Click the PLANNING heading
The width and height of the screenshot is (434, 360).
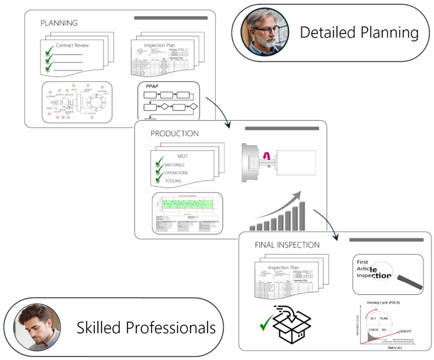point(59,23)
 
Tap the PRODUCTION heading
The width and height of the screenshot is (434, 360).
point(174,134)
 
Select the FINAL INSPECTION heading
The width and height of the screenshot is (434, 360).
point(287,245)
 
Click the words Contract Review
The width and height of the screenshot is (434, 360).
point(72,45)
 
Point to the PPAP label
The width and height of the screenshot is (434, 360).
point(152,86)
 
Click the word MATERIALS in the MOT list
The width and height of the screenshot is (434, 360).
point(174,165)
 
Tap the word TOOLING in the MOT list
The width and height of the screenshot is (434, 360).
point(173,181)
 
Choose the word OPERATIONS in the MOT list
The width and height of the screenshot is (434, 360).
point(176,173)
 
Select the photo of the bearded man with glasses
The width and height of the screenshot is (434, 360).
point(265,32)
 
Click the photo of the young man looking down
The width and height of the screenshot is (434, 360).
point(37,327)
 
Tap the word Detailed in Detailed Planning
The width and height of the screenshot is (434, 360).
point(327,32)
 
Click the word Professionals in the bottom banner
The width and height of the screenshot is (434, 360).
point(170,328)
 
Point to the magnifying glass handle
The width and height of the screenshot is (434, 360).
point(410,282)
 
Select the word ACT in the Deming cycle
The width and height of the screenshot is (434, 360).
point(373,318)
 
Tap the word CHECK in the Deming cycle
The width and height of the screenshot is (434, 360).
point(373,330)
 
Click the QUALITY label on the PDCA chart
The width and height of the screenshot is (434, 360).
point(405,331)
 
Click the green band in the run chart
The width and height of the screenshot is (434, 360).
point(187,204)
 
